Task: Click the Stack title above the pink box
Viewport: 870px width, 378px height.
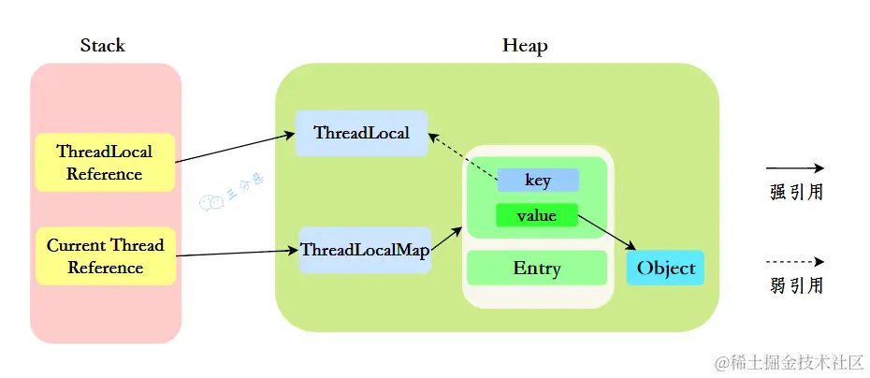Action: click(x=103, y=46)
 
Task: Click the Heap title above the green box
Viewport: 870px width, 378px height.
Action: click(x=525, y=46)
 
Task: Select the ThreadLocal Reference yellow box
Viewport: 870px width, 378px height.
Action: click(x=105, y=163)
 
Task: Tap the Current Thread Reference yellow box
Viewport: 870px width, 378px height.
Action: click(x=105, y=256)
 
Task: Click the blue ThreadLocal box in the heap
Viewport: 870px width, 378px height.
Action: click(x=361, y=133)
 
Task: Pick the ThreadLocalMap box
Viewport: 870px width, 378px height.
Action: click(x=364, y=250)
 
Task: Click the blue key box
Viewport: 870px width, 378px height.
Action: click(x=538, y=180)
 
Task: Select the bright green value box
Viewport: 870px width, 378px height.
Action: click(x=537, y=215)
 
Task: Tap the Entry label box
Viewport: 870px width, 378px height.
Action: click(x=537, y=269)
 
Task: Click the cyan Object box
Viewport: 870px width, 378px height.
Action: click(x=665, y=269)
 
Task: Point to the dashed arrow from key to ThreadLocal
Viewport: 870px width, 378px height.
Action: click(x=463, y=156)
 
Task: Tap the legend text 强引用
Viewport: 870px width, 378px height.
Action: click(x=795, y=193)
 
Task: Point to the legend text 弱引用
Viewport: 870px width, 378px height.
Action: click(x=795, y=286)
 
